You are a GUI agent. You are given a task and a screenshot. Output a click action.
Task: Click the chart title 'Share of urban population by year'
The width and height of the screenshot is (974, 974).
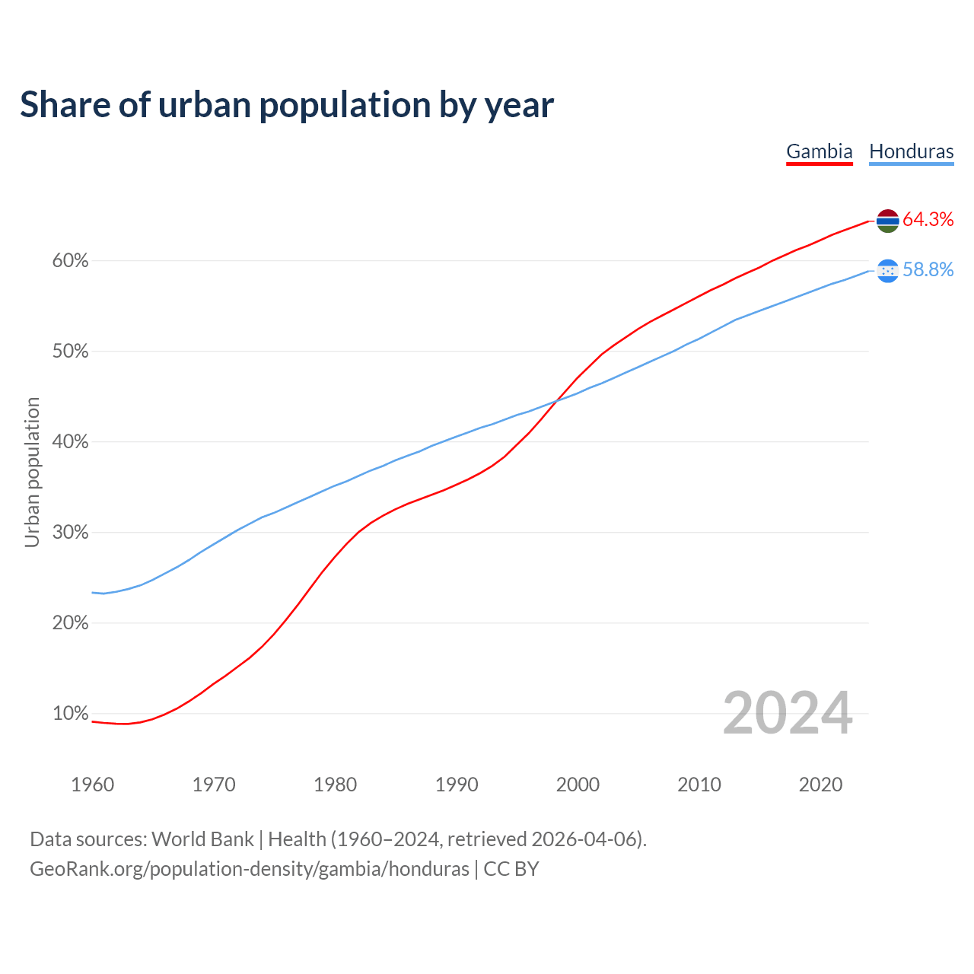pos(287,105)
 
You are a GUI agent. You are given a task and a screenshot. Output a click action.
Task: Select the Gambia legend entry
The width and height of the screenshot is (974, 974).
pos(819,151)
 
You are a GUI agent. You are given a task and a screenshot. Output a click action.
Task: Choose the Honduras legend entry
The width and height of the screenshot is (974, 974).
pos(911,151)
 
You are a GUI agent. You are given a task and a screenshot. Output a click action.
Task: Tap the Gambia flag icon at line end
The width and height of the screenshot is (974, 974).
pos(887,221)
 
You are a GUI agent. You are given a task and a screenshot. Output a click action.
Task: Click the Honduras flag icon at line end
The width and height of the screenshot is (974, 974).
pos(887,271)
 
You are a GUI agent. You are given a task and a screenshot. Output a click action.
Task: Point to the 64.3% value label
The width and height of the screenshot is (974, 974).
pos(928,220)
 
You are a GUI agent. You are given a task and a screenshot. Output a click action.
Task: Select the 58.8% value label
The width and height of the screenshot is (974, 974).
pos(928,270)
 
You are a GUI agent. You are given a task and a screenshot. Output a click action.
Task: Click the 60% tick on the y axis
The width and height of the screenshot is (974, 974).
pos(70,261)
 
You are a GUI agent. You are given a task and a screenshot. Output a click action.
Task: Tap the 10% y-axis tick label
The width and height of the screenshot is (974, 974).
pos(70,714)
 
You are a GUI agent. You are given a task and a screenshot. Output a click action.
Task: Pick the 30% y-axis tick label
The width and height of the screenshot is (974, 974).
pos(70,533)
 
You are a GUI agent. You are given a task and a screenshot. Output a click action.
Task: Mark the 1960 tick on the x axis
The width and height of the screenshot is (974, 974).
pos(92,785)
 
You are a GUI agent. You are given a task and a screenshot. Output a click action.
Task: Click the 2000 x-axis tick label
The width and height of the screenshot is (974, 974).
pos(578,785)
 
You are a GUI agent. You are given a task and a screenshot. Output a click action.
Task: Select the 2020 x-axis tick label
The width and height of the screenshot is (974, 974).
pos(820,785)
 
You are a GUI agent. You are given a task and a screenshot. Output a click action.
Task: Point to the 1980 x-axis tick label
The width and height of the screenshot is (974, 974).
pos(335,785)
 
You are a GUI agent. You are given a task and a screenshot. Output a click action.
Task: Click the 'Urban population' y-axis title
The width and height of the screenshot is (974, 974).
pos(32,472)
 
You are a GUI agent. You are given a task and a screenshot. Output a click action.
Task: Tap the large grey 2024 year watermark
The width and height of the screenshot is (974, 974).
pos(787,714)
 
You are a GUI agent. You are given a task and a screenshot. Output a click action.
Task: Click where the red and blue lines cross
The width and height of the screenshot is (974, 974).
pos(556,399)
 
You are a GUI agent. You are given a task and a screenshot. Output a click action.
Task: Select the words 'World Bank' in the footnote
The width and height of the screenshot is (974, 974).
pos(202,839)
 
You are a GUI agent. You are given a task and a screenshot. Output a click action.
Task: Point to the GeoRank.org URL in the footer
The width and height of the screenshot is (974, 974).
pos(250,869)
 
